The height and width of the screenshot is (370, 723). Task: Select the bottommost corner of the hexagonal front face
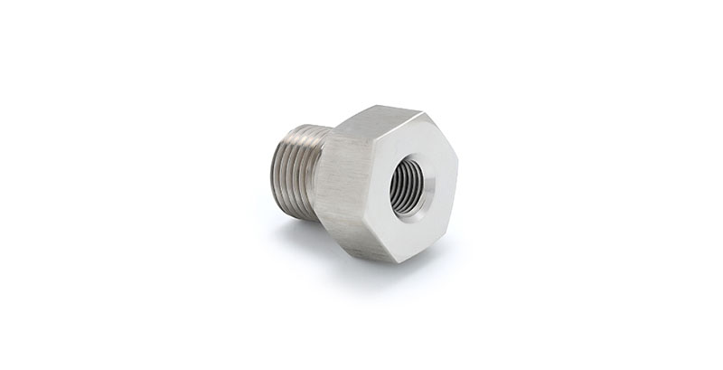pyautogui.click(x=398, y=262)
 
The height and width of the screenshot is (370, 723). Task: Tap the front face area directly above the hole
pyautogui.click(x=411, y=145)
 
